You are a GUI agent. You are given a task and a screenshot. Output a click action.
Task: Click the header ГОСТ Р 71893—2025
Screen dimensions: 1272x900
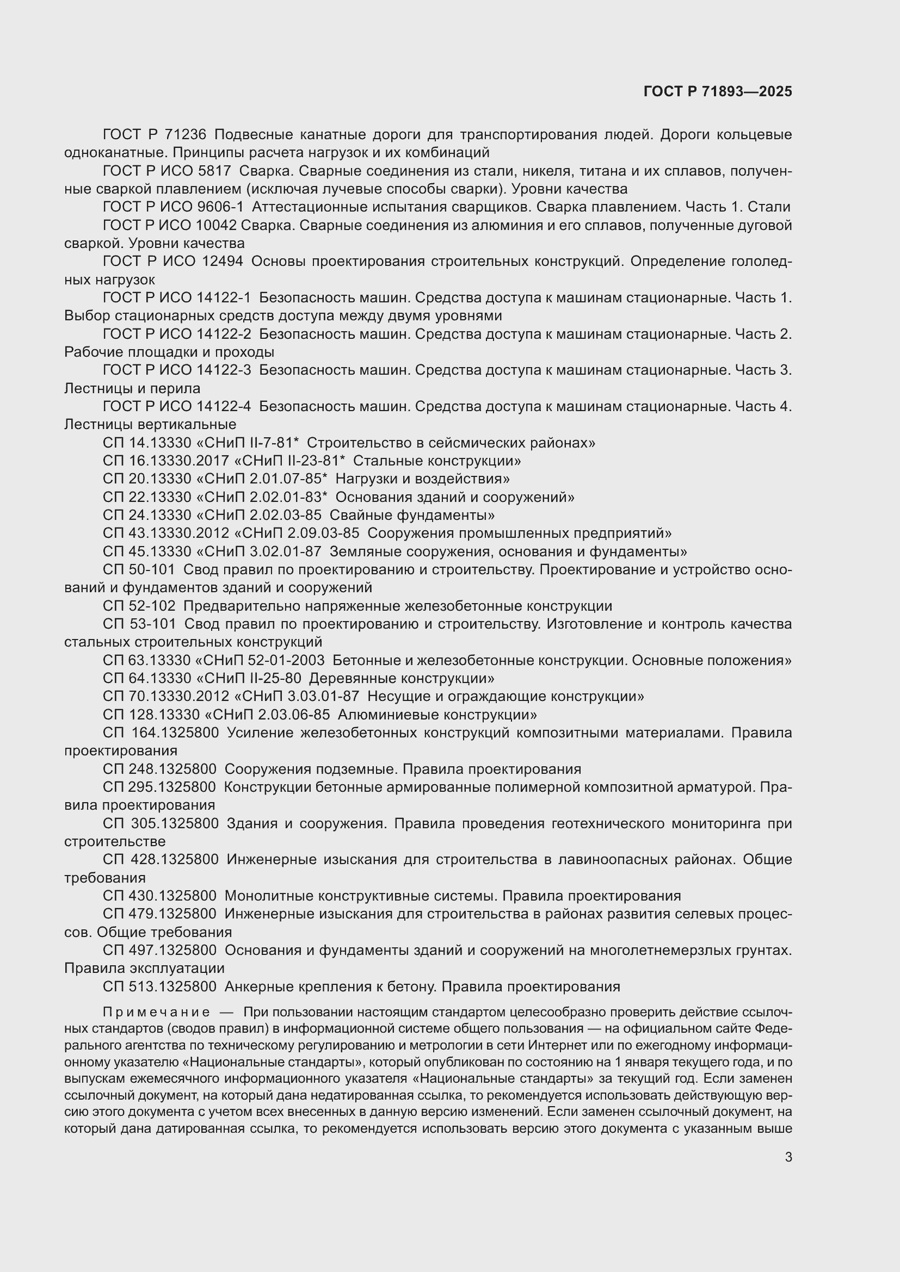[718, 92]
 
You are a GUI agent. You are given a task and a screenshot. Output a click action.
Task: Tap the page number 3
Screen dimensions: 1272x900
[788, 1157]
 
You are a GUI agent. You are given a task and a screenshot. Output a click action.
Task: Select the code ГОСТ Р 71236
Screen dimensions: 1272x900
[154, 135]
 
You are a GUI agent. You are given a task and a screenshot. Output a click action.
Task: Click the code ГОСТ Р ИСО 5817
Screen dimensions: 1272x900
[167, 171]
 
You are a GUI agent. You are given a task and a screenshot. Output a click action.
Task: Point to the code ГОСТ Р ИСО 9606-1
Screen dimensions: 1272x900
[173, 207]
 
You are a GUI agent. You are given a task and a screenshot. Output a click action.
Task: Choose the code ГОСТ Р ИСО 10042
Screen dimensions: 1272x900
[170, 226]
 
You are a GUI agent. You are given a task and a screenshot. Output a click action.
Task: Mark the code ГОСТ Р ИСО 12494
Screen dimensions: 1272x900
[173, 262]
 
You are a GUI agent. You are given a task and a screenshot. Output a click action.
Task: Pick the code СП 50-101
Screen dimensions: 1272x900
[139, 569]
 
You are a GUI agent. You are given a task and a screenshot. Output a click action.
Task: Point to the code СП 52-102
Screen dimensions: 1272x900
[139, 606]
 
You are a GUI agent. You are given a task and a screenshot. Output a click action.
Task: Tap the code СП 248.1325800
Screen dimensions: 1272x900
[159, 769]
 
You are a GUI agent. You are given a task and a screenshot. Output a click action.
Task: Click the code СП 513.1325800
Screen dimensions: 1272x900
[159, 986]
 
